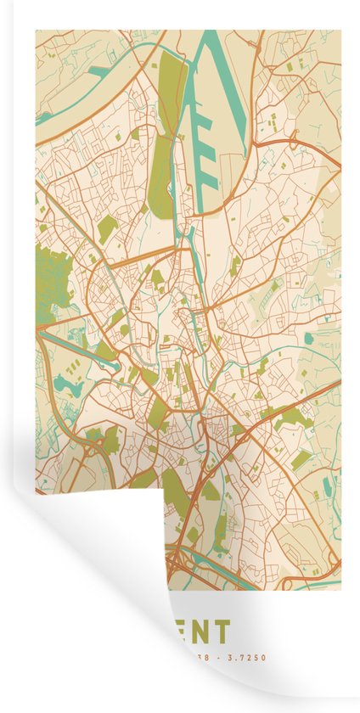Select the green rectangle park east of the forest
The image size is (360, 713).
point(107,229)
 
